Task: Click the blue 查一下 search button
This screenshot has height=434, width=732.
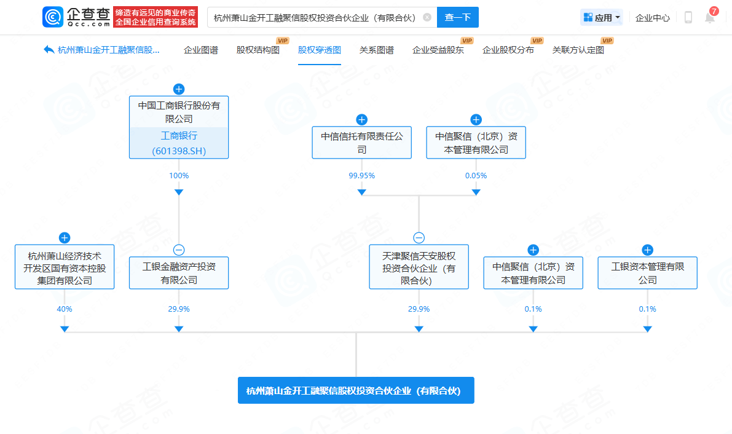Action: point(457,17)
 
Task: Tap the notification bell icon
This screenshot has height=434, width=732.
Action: point(710,18)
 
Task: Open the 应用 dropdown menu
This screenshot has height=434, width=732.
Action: point(602,18)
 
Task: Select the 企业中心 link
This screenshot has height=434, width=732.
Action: point(653,18)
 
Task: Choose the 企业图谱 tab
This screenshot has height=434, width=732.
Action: point(201,50)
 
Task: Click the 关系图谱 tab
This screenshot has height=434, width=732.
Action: point(377,50)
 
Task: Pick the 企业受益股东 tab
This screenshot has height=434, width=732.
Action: point(438,50)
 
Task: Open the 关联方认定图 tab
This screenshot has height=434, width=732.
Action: point(578,50)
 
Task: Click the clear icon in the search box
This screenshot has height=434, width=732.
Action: point(427,17)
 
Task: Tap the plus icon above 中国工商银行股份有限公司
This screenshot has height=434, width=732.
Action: point(179,89)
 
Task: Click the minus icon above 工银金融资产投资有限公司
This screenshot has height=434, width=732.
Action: point(179,250)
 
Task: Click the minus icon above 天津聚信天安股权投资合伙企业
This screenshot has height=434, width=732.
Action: point(419,237)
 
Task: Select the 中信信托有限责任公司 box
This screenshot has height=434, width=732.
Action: point(362,143)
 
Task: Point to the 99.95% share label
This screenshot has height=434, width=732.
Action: point(362,175)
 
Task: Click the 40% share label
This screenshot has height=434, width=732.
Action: point(65,309)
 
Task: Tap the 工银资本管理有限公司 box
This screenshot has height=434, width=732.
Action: point(647,273)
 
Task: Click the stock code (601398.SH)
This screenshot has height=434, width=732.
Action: point(178,151)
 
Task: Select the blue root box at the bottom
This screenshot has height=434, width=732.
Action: point(356,390)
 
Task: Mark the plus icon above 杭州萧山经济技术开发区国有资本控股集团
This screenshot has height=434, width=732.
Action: point(65,237)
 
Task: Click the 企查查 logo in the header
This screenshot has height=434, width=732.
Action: point(77,17)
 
